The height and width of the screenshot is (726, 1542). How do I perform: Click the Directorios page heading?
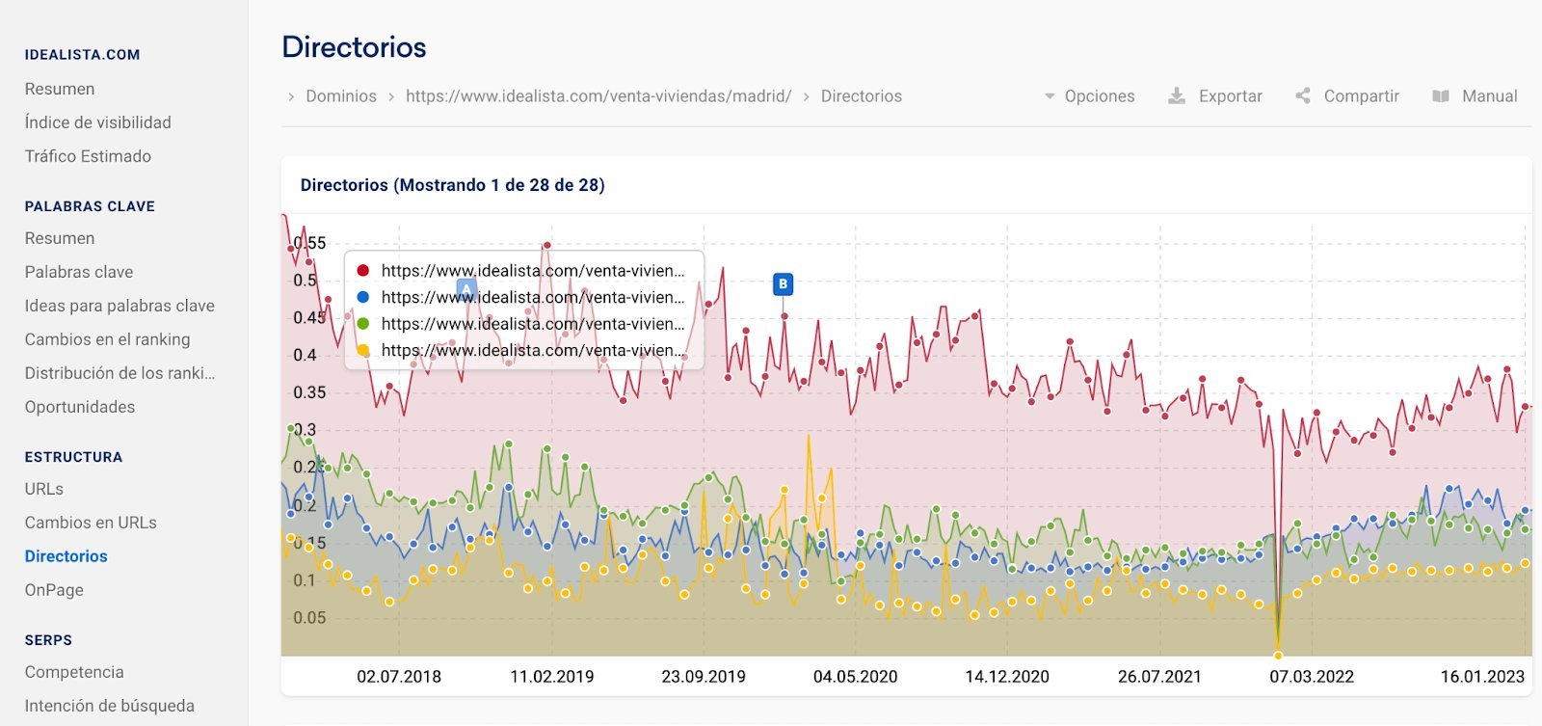tap(354, 47)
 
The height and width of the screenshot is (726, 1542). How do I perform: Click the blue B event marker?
tap(783, 284)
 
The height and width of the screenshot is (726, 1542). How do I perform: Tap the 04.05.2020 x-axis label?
tap(855, 677)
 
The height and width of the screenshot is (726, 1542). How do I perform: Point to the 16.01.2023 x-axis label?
tap(1481, 677)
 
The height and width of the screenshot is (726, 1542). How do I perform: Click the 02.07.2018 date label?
tap(399, 677)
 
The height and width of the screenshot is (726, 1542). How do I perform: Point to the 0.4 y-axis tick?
tap(305, 355)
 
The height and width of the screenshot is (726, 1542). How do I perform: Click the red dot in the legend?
tap(363, 271)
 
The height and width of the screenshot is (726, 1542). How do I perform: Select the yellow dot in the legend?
tap(363, 351)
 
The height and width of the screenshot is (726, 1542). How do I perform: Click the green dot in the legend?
tap(363, 324)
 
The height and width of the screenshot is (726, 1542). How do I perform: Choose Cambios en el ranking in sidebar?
tap(108, 339)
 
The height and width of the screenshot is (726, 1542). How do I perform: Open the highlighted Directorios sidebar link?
tap(66, 556)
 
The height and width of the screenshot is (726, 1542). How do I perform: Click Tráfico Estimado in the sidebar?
tap(88, 156)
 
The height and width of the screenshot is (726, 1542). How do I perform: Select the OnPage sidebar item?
tap(54, 590)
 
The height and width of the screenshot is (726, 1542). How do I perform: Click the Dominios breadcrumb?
tap(340, 96)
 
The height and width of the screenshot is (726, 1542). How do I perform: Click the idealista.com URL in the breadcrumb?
tap(598, 96)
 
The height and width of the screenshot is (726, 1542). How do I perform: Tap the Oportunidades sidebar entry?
tap(80, 407)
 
